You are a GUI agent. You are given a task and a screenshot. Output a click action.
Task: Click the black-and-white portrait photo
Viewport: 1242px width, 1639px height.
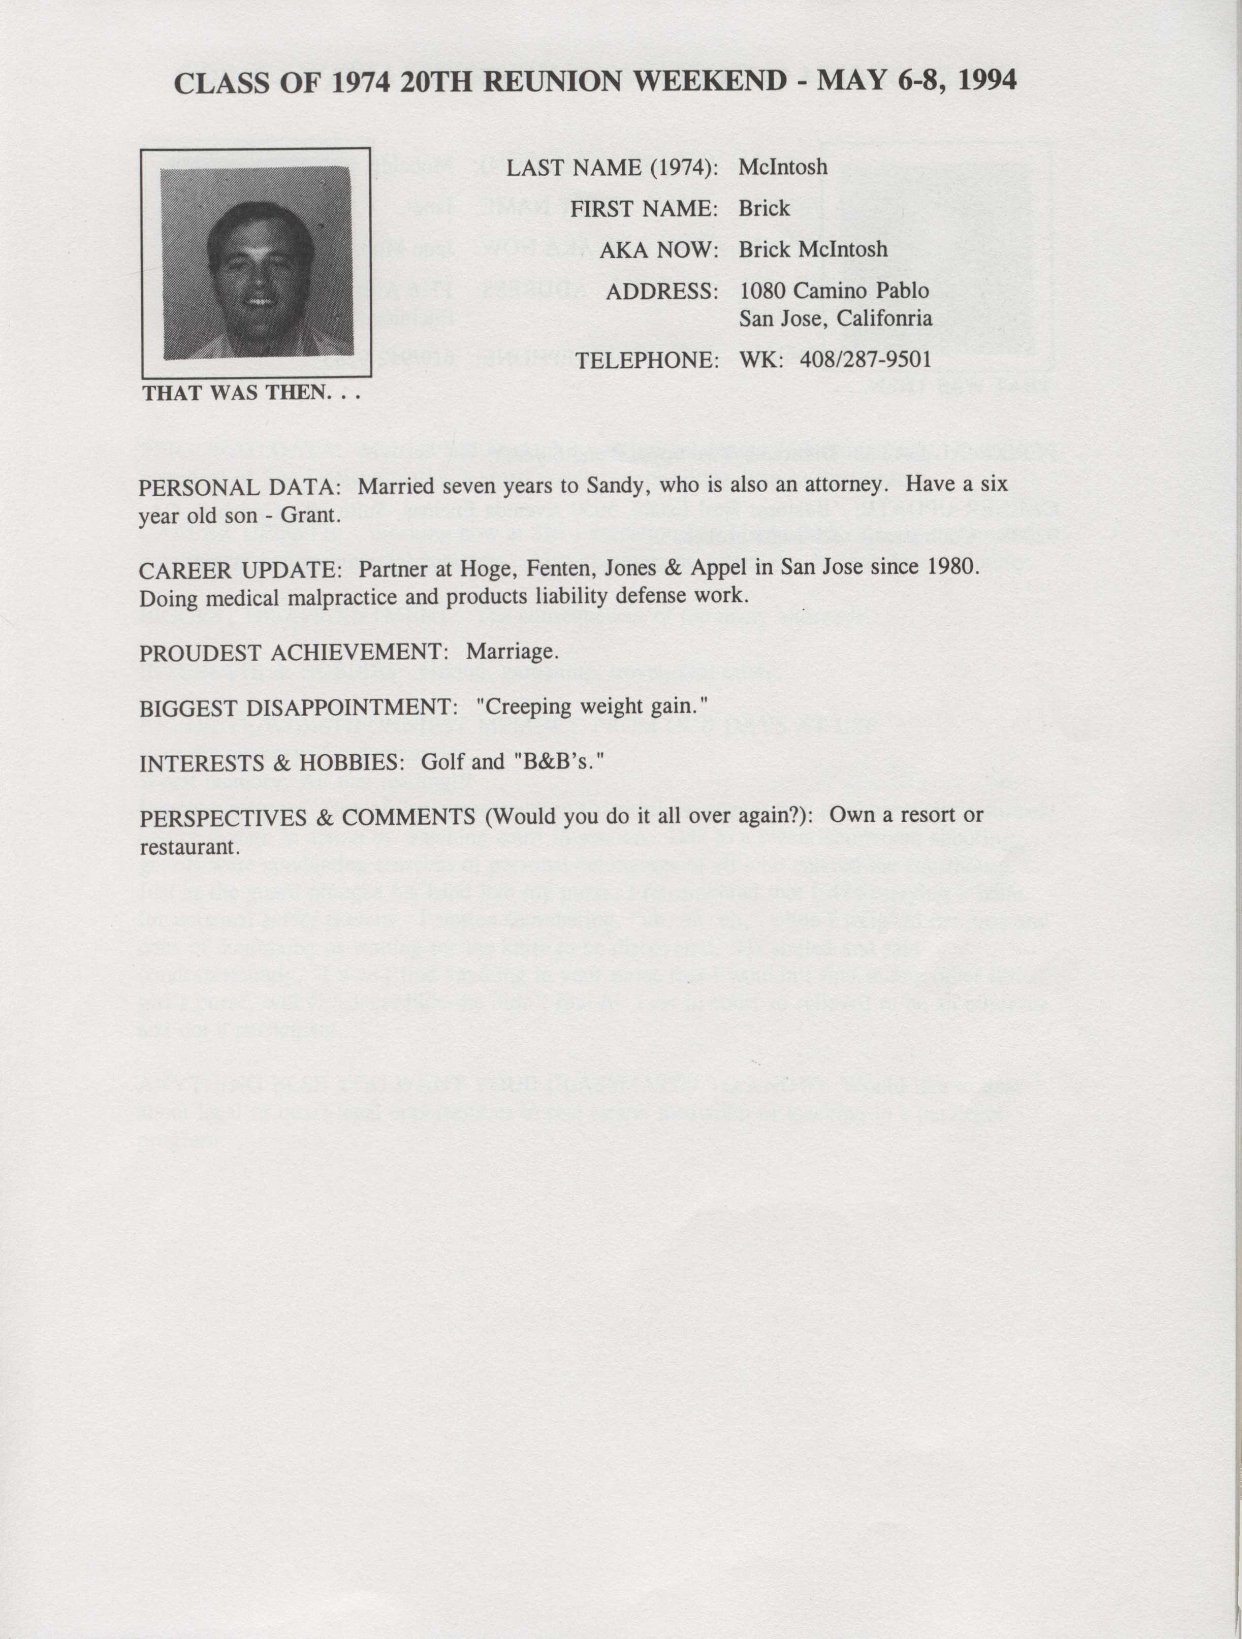click(x=257, y=263)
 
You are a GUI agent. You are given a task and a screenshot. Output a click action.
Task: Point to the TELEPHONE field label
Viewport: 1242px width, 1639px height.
click(x=647, y=360)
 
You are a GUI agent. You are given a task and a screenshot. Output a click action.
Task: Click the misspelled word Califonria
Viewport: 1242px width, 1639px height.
click(x=884, y=318)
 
